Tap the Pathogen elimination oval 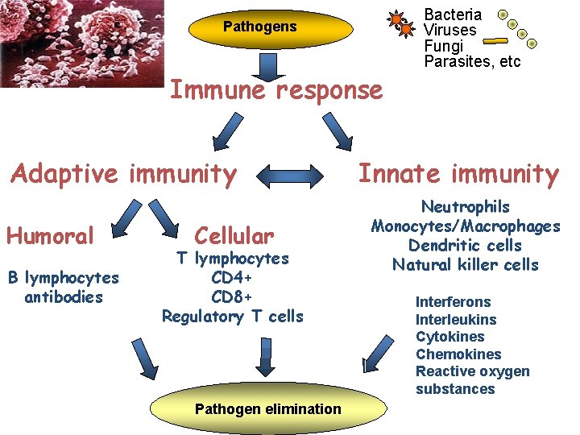pyautogui.click(x=267, y=409)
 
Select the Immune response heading pyautogui.click(x=275, y=90)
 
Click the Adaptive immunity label pyautogui.click(x=123, y=173)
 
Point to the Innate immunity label pyautogui.click(x=458, y=173)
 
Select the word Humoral pyautogui.click(x=50, y=236)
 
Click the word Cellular pyautogui.click(x=234, y=236)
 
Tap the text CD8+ pyautogui.click(x=232, y=297)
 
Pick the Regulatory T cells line pyautogui.click(x=232, y=317)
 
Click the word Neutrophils pyautogui.click(x=465, y=207)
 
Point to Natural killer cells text pyautogui.click(x=465, y=265)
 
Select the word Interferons pyautogui.click(x=453, y=302)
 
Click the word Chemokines pyautogui.click(x=458, y=354)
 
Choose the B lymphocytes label pyautogui.click(x=63, y=278)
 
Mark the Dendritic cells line pyautogui.click(x=465, y=246)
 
